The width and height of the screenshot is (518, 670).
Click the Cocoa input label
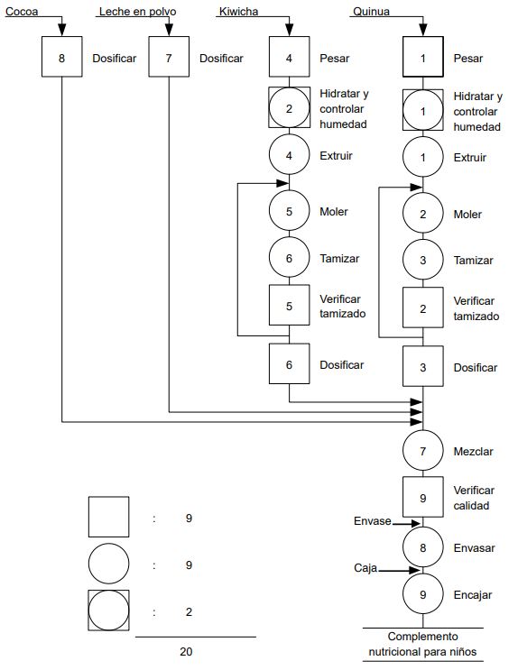[22, 11]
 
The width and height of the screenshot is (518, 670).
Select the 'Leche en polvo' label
[136, 11]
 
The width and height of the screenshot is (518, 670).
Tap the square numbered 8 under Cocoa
[61, 59]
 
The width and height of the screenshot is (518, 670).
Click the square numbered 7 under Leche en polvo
[168, 59]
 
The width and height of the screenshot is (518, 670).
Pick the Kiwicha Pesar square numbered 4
[289, 59]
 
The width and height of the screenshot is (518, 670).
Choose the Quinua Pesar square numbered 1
[423, 59]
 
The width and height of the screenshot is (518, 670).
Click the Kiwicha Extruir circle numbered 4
[289, 155]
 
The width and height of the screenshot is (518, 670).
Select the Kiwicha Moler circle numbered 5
[289, 212]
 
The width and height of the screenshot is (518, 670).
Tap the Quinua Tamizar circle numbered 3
[423, 260]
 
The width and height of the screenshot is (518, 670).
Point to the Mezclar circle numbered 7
[423, 449]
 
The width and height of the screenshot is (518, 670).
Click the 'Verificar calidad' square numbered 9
[423, 497]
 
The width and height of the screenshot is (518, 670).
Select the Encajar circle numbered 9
[423, 594]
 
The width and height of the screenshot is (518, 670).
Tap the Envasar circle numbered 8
[423, 546]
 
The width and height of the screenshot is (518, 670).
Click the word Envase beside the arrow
[372, 521]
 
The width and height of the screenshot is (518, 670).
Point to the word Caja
[365, 569]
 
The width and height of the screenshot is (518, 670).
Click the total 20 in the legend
[185, 650]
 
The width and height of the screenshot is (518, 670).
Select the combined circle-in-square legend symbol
[108, 610]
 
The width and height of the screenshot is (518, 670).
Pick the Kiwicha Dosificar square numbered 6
[289, 364]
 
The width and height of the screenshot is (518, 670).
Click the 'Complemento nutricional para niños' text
[422, 644]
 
